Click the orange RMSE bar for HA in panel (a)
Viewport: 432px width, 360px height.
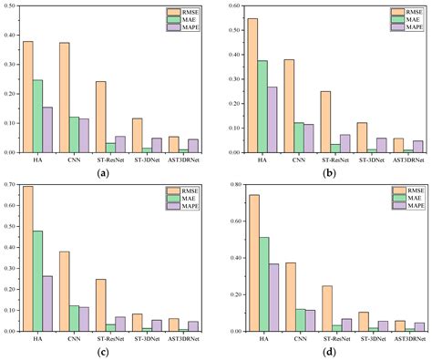(28, 97)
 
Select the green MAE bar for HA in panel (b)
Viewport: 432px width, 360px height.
(262, 106)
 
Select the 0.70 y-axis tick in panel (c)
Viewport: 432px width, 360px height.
(11, 186)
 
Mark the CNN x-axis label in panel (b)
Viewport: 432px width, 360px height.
(300, 159)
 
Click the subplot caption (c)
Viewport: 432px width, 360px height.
(106, 353)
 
